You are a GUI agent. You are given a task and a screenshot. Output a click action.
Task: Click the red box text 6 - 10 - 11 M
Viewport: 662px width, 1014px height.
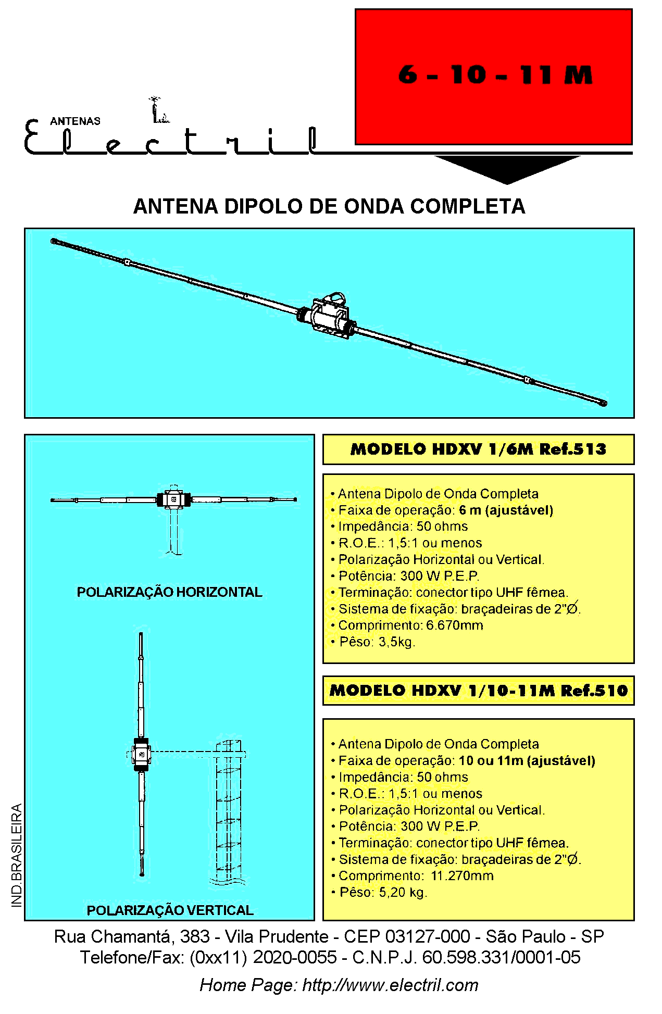[495, 75]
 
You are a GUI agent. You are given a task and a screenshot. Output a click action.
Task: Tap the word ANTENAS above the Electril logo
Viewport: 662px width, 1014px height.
[75, 121]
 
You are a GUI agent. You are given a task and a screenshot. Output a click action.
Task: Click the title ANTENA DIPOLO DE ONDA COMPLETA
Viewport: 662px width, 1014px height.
[329, 206]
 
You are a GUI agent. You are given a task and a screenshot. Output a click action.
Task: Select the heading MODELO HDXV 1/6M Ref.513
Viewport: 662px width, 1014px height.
[478, 449]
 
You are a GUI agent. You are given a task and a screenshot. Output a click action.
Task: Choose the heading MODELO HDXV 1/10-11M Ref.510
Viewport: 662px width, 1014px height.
[479, 691]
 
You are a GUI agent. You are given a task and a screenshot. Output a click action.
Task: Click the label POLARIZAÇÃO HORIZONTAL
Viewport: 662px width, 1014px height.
[169, 592]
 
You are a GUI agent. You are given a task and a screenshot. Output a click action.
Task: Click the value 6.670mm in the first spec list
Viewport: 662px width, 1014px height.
[455, 625]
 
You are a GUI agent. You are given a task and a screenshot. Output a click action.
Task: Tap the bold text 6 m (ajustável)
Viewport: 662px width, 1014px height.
[506, 510]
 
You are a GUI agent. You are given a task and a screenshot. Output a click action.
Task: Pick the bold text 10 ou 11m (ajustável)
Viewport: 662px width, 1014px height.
[527, 761]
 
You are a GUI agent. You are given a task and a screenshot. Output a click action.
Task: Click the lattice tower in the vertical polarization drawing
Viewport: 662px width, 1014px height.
[229, 812]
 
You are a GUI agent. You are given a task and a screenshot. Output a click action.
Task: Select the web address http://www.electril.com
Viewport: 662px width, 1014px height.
[390, 985]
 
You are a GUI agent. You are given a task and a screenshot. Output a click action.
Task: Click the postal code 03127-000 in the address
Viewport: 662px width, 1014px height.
[428, 936]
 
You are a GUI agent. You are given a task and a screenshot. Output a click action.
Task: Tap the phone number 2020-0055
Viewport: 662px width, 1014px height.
[295, 957]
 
